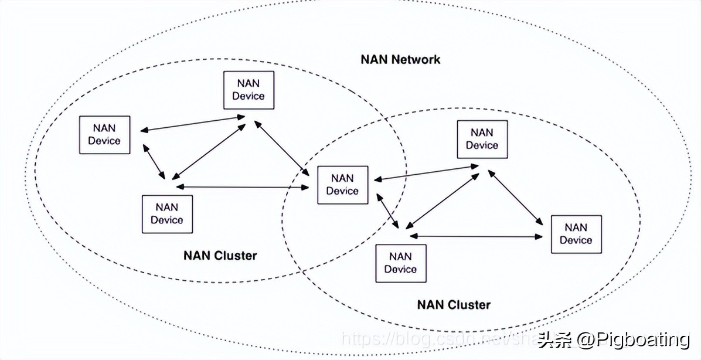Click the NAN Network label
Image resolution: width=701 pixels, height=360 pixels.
(x=400, y=59)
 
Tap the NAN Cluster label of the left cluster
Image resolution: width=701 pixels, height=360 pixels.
(x=220, y=255)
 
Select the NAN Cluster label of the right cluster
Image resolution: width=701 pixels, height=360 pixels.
(x=454, y=304)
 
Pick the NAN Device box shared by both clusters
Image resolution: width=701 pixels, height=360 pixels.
(x=343, y=185)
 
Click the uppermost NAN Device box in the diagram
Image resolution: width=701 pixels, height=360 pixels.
(x=249, y=90)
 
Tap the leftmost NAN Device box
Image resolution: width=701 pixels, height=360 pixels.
(x=104, y=134)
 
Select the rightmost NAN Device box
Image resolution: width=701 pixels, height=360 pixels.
(x=576, y=234)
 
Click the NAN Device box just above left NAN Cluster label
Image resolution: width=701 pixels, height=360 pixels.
(x=167, y=213)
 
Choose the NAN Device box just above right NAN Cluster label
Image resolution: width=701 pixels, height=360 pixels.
(x=400, y=263)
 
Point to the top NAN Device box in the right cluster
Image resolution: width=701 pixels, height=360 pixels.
(x=482, y=139)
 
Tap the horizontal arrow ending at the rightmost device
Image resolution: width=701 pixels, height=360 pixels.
(x=476, y=236)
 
